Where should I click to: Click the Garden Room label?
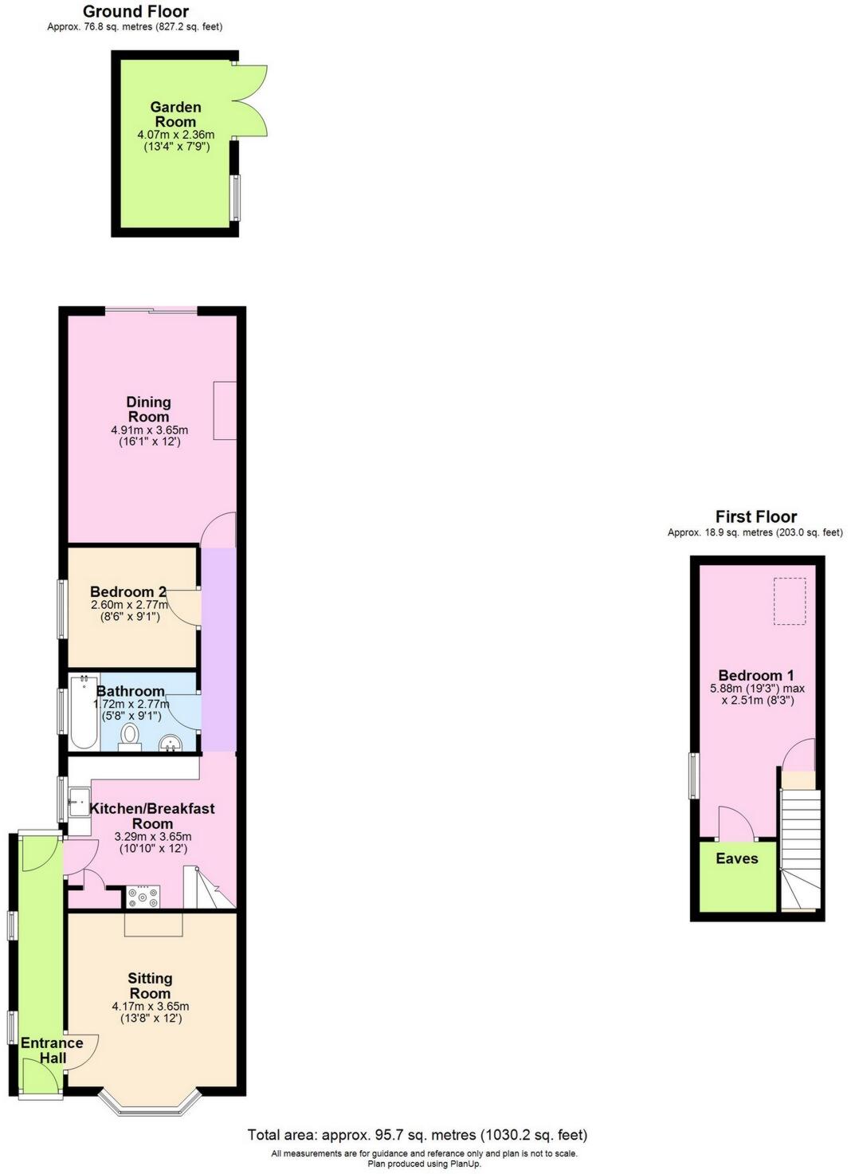point(175,114)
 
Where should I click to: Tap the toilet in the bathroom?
point(130,736)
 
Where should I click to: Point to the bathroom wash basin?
point(171,744)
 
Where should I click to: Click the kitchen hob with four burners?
point(143,897)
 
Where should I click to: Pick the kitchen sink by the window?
point(79,801)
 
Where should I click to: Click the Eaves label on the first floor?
point(736,858)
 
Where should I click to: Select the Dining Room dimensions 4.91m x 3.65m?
point(149,430)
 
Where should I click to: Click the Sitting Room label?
point(150,986)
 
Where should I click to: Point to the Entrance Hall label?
point(52,1050)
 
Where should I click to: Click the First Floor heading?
point(755,516)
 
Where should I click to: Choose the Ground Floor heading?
point(135,11)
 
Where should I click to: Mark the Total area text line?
point(417,1135)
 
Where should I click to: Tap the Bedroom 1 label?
point(755,675)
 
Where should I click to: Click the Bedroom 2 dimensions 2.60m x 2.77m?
point(130,605)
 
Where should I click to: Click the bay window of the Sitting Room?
point(151,1105)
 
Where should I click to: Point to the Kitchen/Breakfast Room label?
point(152,815)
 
